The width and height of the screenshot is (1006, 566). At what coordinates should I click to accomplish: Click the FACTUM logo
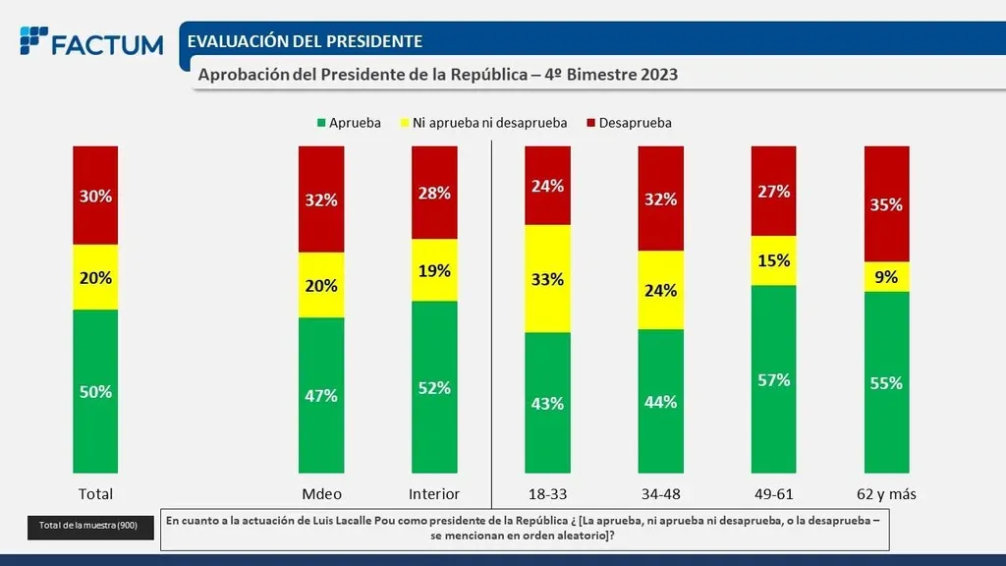[x=90, y=43]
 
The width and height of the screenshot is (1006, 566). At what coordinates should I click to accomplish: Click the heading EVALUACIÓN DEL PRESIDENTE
[x=305, y=41]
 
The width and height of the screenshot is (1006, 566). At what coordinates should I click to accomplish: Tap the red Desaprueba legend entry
[x=629, y=123]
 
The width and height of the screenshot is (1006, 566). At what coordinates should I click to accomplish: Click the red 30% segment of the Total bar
[x=95, y=196]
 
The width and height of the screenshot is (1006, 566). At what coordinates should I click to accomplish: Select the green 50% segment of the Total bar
[x=95, y=391]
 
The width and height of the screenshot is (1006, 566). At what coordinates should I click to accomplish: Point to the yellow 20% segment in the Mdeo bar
[x=321, y=286]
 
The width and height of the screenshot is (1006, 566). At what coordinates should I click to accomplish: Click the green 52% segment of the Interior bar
[x=434, y=387]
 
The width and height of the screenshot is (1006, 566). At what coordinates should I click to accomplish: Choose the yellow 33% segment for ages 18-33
[x=547, y=279]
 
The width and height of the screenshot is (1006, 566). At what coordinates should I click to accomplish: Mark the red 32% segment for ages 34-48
[x=660, y=199]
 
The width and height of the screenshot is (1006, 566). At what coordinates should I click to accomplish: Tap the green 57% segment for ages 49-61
[x=774, y=379]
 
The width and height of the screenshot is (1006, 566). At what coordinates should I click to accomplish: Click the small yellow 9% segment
[x=886, y=277]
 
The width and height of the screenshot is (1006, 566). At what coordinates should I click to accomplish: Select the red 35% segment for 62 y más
[x=886, y=204]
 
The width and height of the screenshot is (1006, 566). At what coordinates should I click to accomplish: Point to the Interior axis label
[x=434, y=493]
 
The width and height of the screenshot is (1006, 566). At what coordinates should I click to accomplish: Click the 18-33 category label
[x=547, y=493]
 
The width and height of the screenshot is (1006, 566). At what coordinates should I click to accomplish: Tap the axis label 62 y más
[x=886, y=493]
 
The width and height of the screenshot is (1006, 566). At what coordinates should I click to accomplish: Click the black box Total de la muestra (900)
[x=89, y=527]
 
